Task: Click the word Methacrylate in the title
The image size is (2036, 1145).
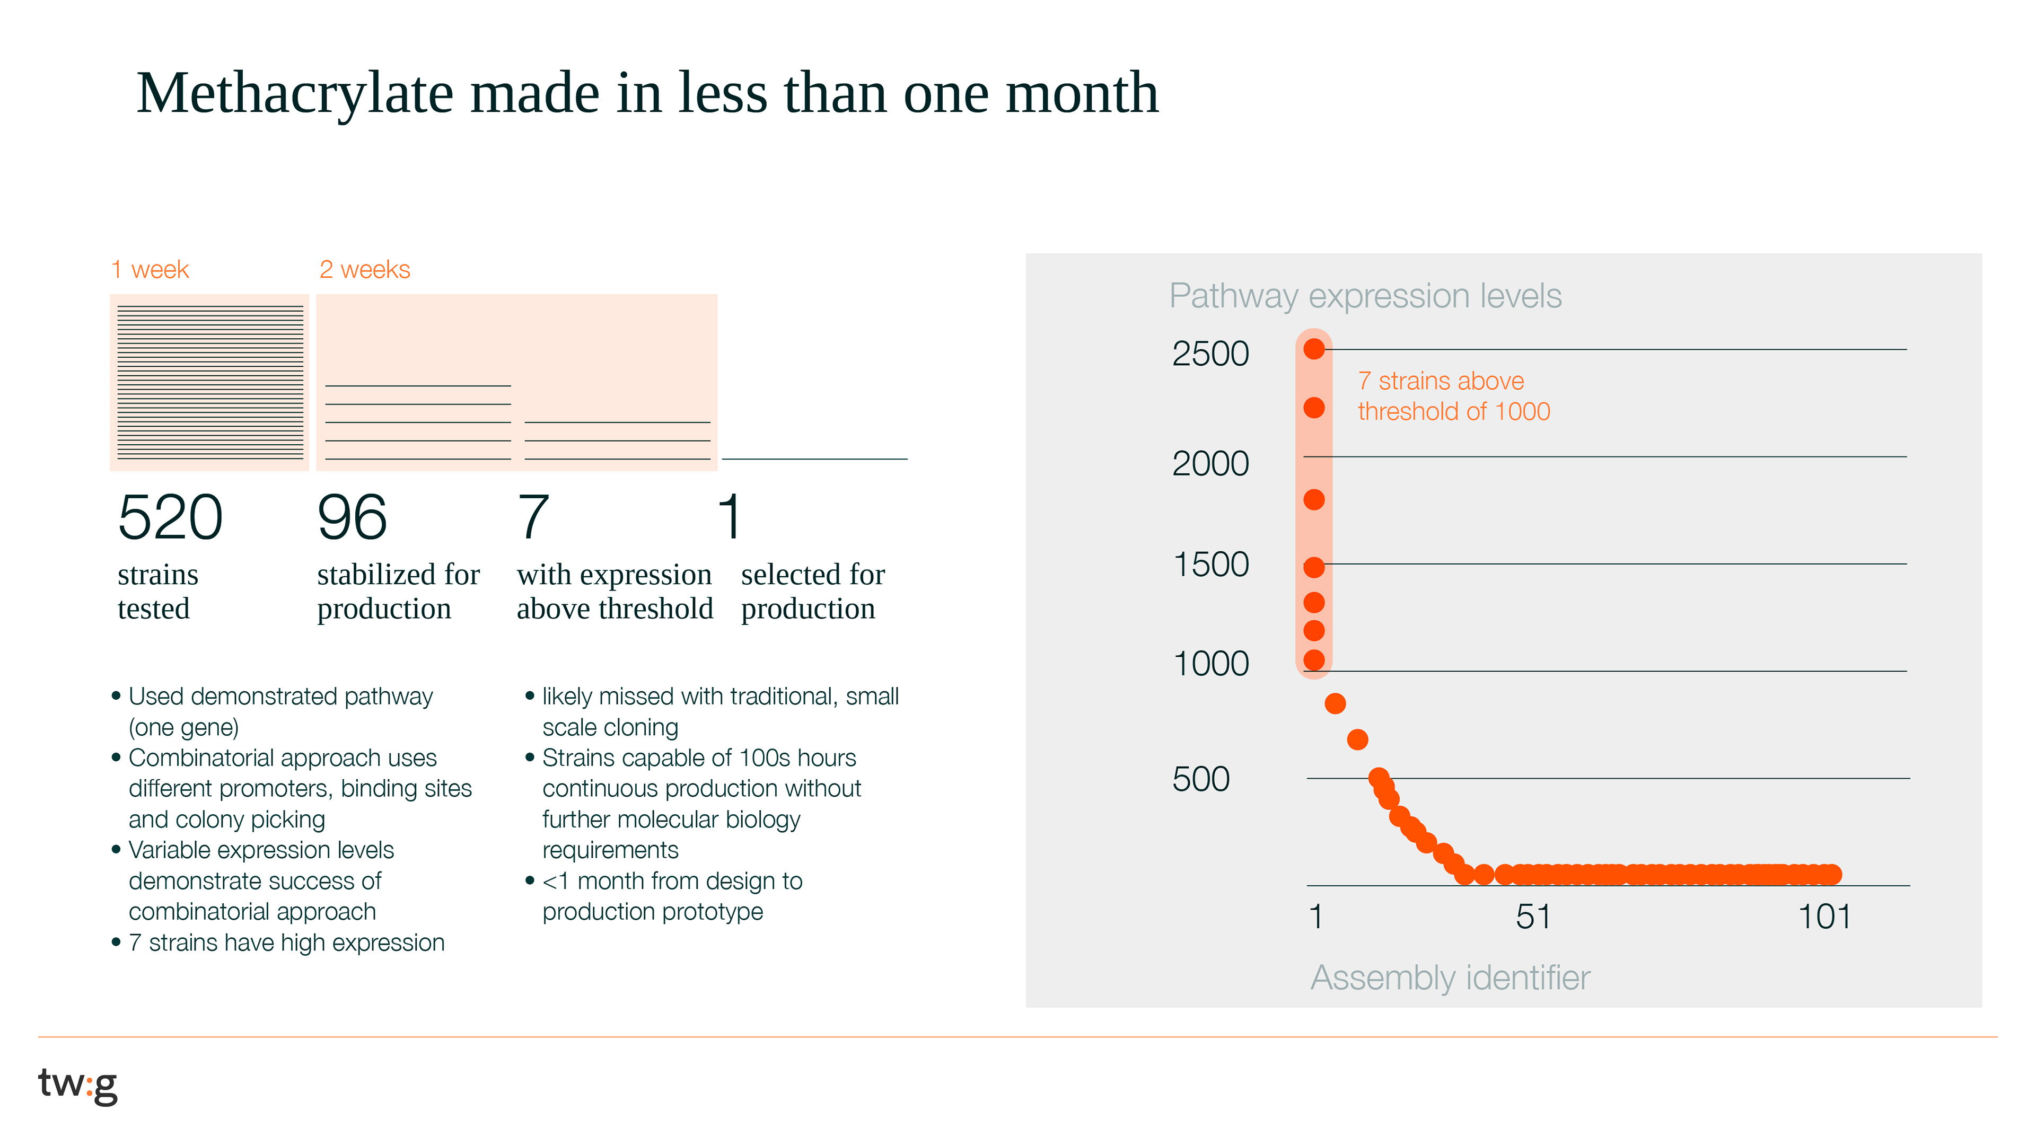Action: click(x=295, y=94)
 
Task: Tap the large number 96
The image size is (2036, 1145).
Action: click(x=352, y=517)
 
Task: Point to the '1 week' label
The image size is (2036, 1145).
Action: click(x=150, y=269)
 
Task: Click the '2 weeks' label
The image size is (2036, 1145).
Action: click(x=364, y=269)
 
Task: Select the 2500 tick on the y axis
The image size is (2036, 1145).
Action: click(x=1210, y=353)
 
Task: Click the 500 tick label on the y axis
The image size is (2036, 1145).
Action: click(x=1200, y=779)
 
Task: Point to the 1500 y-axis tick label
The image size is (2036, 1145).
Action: click(x=1210, y=564)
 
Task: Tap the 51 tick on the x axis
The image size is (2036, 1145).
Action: click(x=1532, y=917)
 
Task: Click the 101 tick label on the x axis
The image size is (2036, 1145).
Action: click(x=1824, y=917)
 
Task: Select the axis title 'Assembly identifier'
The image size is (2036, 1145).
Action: click(x=1450, y=977)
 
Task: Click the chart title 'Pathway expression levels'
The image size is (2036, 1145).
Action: click(x=1365, y=296)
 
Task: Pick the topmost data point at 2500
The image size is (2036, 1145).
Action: click(x=1314, y=348)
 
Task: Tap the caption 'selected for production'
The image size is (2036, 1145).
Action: click(x=812, y=591)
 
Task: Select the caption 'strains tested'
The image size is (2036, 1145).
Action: click(x=157, y=591)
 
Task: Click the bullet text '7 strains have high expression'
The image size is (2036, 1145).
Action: click(x=286, y=943)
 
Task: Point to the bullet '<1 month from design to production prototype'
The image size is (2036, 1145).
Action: click(x=672, y=896)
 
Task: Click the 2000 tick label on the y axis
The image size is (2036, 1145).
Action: click(x=1210, y=463)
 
